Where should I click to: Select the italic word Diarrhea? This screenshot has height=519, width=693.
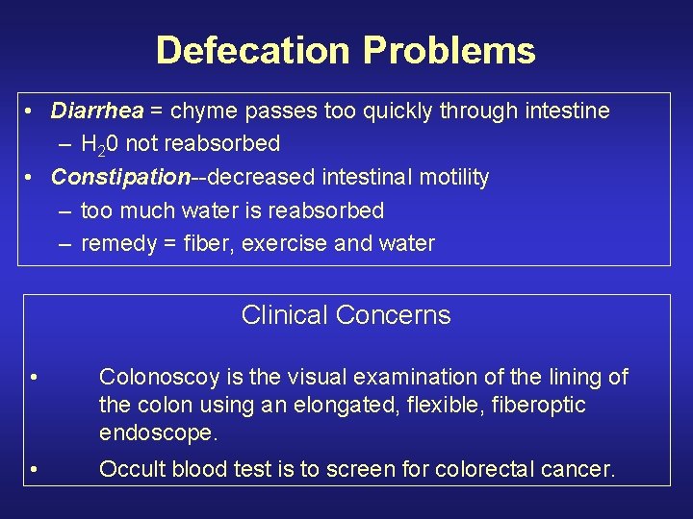[96, 111]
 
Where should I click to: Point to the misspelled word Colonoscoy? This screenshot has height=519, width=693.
[159, 377]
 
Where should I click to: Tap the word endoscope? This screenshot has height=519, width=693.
[159, 432]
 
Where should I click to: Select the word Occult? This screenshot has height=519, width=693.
[130, 470]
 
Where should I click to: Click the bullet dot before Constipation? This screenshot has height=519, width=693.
[32, 178]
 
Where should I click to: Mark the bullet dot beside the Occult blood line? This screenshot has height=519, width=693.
[34, 470]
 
